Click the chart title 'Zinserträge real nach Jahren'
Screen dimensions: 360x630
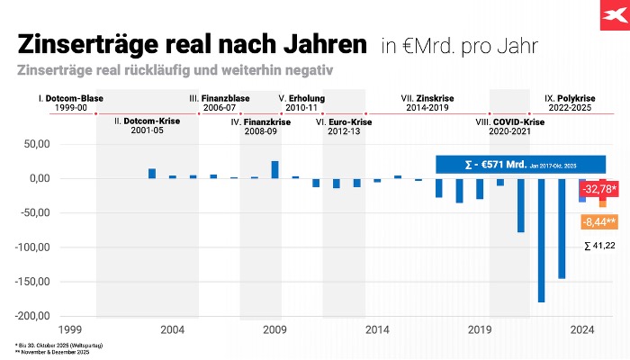click(192, 45)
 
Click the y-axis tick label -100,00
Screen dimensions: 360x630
click(33, 247)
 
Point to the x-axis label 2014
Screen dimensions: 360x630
click(378, 329)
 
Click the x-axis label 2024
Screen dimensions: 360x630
click(582, 329)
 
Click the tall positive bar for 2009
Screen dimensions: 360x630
click(274, 169)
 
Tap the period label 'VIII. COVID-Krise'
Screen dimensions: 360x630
click(510, 121)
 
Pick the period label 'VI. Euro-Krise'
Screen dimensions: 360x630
click(345, 121)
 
